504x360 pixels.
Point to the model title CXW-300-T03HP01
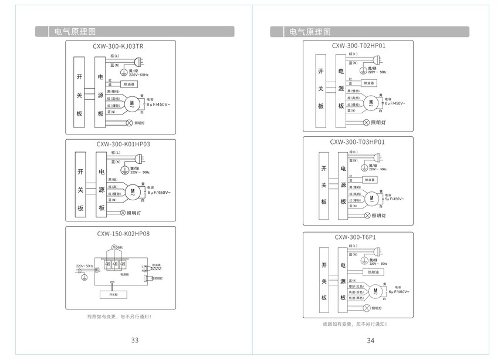point(357,142)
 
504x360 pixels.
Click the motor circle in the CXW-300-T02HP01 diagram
point(371,103)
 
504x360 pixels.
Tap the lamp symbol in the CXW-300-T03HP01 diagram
point(367,216)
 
